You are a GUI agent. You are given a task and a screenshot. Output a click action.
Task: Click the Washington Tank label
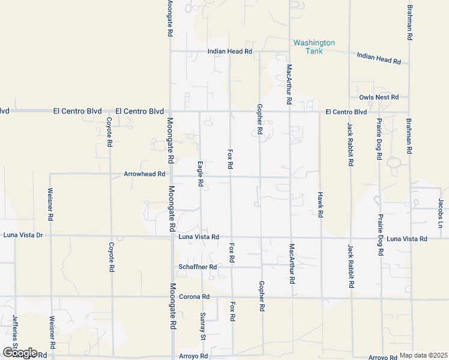tap(314, 47)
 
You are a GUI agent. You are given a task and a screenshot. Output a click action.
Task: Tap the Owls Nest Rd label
tap(379, 97)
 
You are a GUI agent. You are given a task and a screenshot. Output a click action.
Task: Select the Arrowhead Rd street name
tap(144, 174)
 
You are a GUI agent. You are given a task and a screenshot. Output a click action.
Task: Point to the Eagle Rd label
tap(200, 174)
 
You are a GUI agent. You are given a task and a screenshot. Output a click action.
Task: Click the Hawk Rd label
tap(321, 205)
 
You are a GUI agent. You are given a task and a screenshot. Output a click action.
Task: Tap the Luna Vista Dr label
tap(23, 235)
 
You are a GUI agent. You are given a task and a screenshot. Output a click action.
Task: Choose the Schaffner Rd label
tap(197, 266)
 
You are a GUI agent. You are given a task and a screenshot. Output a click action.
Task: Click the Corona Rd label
tap(197, 296)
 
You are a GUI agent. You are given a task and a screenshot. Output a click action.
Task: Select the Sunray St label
tap(203, 324)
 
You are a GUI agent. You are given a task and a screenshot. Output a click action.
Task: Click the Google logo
tap(19, 353)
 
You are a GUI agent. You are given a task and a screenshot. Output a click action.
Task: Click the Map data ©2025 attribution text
tap(423, 355)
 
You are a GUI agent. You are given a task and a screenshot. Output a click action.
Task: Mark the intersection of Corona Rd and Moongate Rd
tap(172, 296)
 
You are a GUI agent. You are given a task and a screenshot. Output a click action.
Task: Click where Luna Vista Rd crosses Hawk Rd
tap(321, 238)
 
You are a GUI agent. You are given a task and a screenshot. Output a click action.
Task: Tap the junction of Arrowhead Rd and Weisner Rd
tap(50, 174)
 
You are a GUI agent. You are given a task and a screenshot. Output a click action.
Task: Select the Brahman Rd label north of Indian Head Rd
tap(410, 23)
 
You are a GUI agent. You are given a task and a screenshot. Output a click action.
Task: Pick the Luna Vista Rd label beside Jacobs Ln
tap(407, 239)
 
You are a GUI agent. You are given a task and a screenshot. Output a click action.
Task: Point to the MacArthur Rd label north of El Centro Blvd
tap(289, 84)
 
